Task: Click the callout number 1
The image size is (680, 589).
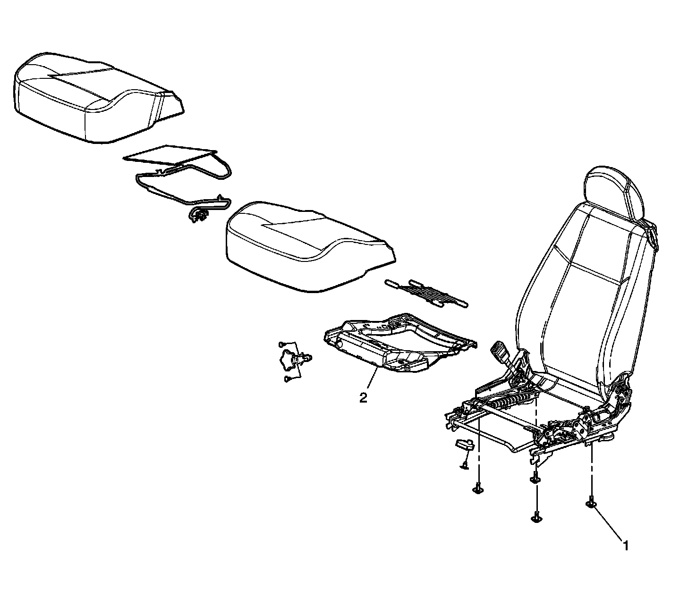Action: click(625, 546)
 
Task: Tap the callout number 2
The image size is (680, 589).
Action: click(363, 398)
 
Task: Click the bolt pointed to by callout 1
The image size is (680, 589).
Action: click(591, 505)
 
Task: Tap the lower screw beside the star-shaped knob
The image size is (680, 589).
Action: click(287, 379)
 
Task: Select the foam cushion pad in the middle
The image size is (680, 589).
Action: click(307, 245)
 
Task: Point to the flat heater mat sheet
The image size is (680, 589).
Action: click(168, 154)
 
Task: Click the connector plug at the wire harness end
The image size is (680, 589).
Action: click(197, 217)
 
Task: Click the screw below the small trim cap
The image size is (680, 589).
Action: click(464, 466)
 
